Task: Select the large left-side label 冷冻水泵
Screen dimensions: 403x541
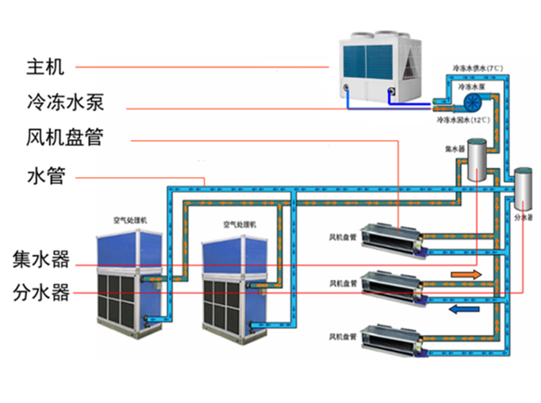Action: pos(64,102)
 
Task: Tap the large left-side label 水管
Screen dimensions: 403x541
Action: pos(46,176)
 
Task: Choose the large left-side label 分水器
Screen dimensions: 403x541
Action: pos(41,294)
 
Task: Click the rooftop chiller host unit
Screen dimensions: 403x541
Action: pos(380,68)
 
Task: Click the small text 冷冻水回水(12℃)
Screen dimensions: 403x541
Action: pos(463,120)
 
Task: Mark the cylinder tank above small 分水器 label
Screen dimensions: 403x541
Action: pos(524,189)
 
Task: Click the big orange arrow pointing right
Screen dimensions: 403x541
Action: pos(466,275)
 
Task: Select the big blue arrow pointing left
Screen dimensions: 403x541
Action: pos(464,310)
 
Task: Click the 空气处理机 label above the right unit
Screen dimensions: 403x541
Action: pos(240,225)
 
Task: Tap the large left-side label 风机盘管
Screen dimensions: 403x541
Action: pos(65,138)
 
